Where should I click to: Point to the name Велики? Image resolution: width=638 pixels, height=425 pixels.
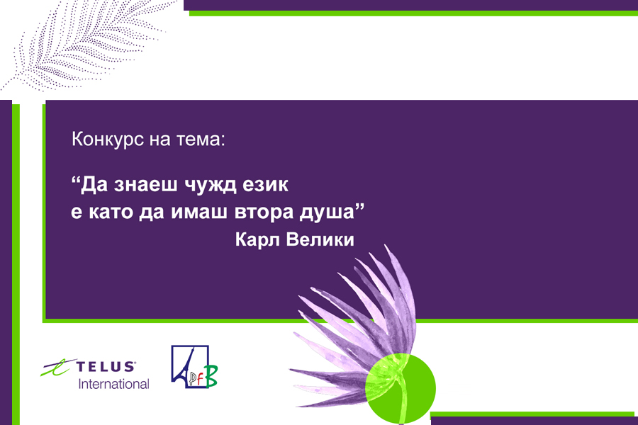click(320, 239)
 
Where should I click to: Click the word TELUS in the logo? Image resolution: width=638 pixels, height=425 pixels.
click(106, 366)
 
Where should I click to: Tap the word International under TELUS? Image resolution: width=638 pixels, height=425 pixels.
click(113, 384)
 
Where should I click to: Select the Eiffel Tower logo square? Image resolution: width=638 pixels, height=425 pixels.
click(190, 366)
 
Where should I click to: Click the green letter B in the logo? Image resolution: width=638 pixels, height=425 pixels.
click(211, 376)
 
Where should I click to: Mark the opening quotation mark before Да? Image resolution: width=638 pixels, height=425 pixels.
click(75, 181)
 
